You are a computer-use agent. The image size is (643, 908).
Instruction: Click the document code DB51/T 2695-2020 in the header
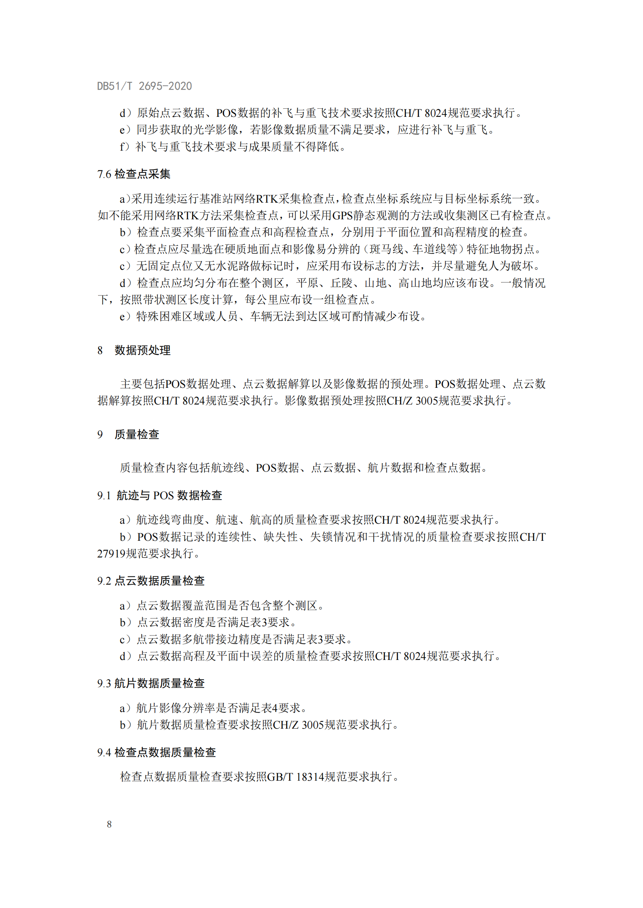coord(145,86)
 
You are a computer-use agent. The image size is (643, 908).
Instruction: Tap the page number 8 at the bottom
coord(109,824)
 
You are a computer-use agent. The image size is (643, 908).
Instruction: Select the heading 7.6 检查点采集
coord(134,174)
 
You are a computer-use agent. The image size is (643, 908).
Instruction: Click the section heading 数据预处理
coord(143,350)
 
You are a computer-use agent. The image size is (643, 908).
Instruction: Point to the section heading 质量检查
coord(136,434)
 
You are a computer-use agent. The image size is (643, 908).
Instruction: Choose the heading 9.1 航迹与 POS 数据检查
coord(159,495)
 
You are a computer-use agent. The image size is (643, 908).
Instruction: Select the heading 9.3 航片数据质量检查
coord(151,683)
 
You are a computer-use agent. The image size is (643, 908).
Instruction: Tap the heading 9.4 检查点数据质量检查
coord(156,752)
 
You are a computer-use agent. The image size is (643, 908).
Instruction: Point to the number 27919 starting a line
coord(111,553)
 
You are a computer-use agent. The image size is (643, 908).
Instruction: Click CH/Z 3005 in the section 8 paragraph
coord(412,401)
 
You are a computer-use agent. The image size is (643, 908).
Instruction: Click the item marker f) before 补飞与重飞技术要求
coord(125,147)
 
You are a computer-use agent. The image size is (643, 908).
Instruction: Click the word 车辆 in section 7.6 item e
coord(261,316)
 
